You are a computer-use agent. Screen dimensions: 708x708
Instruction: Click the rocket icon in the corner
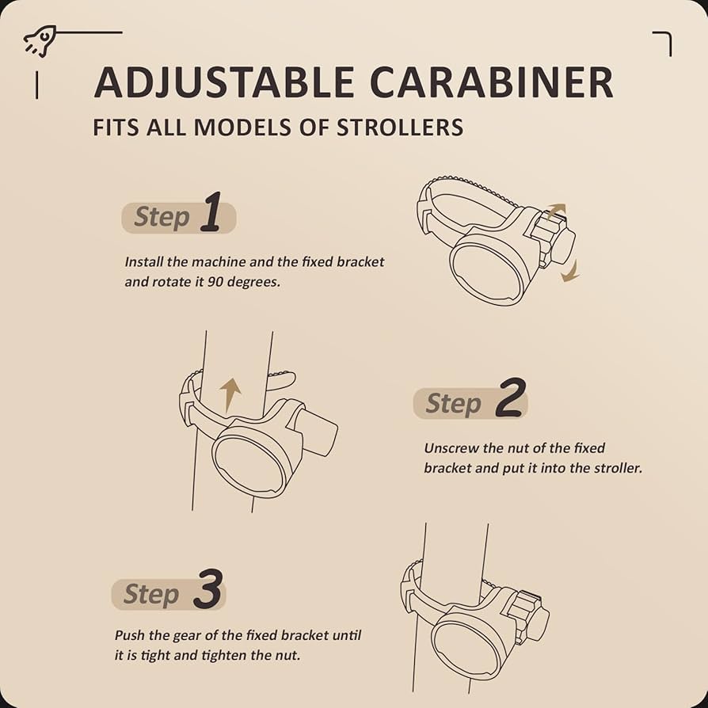[x=40, y=41]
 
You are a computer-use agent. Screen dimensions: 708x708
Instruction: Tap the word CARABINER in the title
[x=491, y=82]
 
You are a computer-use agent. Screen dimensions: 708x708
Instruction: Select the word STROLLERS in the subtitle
[x=400, y=128]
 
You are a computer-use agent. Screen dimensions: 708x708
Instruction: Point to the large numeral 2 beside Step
[x=511, y=398]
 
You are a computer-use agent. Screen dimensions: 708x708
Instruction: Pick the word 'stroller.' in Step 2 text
[x=618, y=468]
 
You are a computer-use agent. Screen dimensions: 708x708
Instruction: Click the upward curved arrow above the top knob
[x=555, y=211]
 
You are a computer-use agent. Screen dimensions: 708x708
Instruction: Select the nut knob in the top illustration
[x=553, y=242]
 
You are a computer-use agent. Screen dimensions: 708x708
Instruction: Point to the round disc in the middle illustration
[x=249, y=464]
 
